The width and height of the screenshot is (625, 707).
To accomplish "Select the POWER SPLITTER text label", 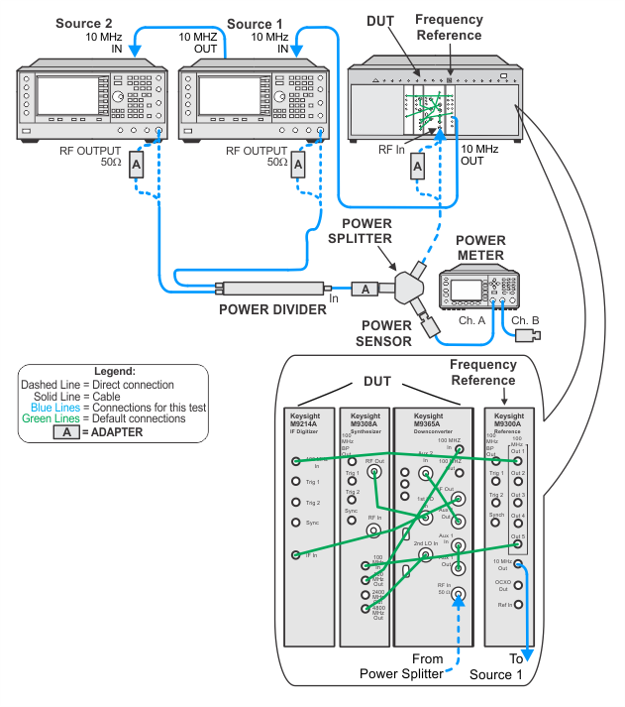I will click(358, 231).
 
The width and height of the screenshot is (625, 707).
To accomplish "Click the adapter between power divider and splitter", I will click(365, 289).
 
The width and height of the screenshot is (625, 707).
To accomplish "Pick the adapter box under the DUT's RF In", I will click(417, 166).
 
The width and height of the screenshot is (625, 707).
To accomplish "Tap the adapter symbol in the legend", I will click(65, 432).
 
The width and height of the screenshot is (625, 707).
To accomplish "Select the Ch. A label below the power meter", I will click(472, 321).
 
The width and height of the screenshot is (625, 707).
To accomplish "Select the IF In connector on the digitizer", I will click(295, 556).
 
